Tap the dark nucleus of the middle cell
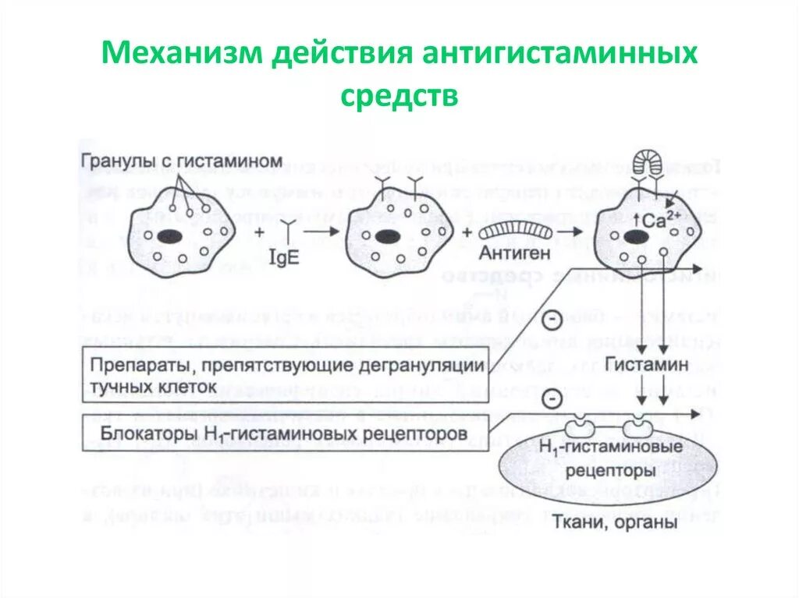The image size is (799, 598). tap(384, 236)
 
